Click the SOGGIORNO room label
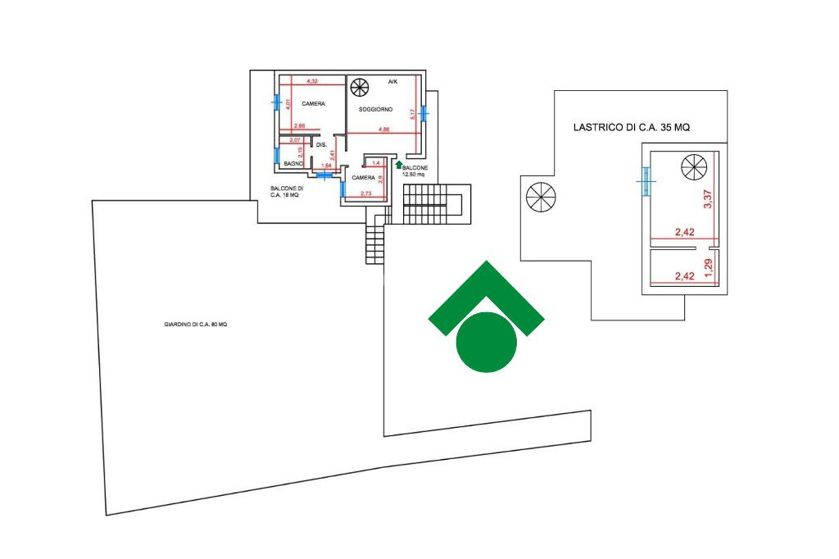pyautogui.click(x=375, y=109)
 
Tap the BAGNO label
pyautogui.click(x=294, y=164)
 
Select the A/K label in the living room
pyautogui.click(x=392, y=82)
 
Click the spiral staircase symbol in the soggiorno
pyautogui.click(x=359, y=87)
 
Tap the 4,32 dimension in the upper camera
pyautogui.click(x=311, y=81)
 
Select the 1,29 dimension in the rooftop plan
pyautogui.click(x=710, y=266)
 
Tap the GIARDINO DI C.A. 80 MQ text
pyautogui.click(x=195, y=325)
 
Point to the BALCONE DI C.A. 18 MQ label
pyautogui.click(x=287, y=192)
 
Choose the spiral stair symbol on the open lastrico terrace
pyautogui.click(x=540, y=198)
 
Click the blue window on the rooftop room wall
pyautogui.click(x=646, y=180)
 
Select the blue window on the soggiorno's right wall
pyautogui.click(x=424, y=112)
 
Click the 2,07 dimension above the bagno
pyautogui.click(x=285, y=140)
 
